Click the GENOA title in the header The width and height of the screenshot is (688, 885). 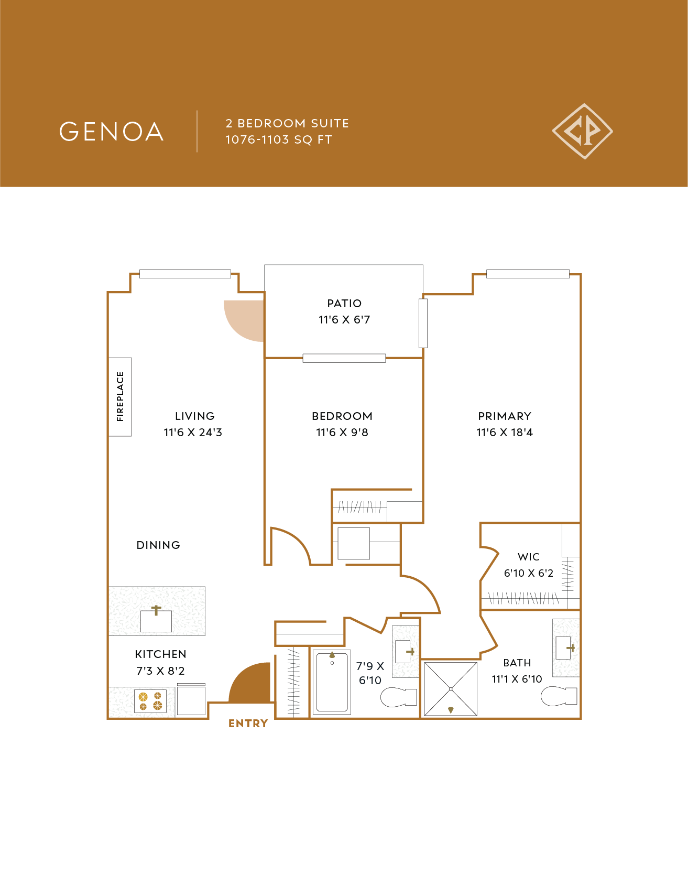click(x=111, y=132)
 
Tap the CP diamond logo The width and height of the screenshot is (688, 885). click(x=582, y=131)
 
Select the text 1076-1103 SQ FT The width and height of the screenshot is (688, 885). click(x=278, y=140)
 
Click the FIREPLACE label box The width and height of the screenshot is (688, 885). click(x=120, y=397)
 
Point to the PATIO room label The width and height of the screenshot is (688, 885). click(x=344, y=304)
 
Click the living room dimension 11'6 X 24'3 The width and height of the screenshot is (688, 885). click(x=193, y=433)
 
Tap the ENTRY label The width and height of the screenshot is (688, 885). click(x=248, y=724)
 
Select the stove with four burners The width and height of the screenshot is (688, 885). click(x=150, y=701)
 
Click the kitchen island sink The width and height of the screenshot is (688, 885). click(x=156, y=620)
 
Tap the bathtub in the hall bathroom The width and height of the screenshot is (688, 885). click(x=332, y=682)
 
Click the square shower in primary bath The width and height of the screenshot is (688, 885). click(x=451, y=689)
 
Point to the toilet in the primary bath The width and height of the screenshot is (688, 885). click(x=559, y=697)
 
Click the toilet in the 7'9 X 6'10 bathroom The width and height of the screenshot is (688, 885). click(x=398, y=697)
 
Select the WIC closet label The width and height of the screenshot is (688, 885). click(x=528, y=557)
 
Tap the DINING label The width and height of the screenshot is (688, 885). click(x=158, y=545)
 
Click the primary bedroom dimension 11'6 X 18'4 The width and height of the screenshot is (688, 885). click(x=504, y=433)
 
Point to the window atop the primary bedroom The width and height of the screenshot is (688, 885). click(x=527, y=274)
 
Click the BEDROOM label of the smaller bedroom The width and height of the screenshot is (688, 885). click(x=342, y=416)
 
